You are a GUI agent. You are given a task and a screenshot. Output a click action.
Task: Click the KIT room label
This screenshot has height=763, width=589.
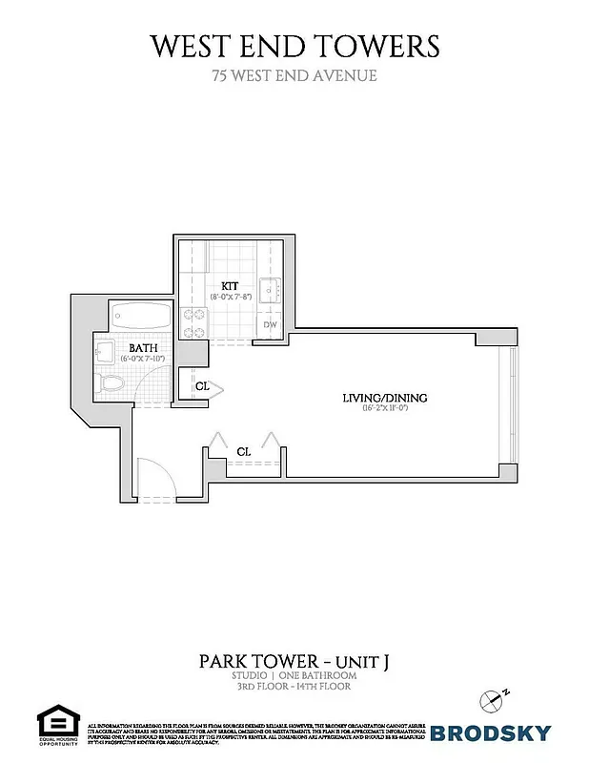pyautogui.click(x=230, y=285)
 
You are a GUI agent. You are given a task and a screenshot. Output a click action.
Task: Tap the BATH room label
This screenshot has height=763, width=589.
pyautogui.click(x=143, y=348)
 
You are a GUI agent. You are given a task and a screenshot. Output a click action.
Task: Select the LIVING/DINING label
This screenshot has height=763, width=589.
pyautogui.click(x=385, y=398)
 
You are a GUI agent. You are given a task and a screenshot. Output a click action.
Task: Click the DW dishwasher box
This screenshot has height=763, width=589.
pyautogui.click(x=272, y=325)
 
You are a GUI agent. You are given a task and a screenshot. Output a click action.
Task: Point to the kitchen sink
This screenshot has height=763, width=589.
pyautogui.click(x=271, y=290)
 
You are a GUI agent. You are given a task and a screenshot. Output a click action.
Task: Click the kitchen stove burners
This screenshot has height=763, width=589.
pyautogui.click(x=195, y=323)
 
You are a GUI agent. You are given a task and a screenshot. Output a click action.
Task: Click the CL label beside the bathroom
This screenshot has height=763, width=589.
pyautogui.click(x=201, y=386)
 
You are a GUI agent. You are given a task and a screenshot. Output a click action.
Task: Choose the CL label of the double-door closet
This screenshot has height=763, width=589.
pyautogui.click(x=243, y=451)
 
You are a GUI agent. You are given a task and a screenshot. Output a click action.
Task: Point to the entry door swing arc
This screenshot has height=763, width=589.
pyautogui.click(x=155, y=478)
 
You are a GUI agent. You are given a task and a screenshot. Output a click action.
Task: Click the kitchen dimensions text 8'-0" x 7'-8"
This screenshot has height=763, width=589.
pyautogui.click(x=230, y=297)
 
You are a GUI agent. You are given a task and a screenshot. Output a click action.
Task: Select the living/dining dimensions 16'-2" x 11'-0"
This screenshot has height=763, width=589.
pyautogui.click(x=385, y=409)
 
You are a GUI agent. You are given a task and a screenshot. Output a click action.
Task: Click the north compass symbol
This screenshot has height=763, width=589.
pyautogui.click(x=493, y=699)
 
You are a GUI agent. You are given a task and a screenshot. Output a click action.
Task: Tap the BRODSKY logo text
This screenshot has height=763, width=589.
pyautogui.click(x=491, y=732)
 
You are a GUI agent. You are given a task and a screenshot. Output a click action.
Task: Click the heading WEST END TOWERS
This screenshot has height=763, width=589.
pyautogui.click(x=294, y=45)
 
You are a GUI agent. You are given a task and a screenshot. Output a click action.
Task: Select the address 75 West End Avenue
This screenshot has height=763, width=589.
pyautogui.click(x=294, y=74)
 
